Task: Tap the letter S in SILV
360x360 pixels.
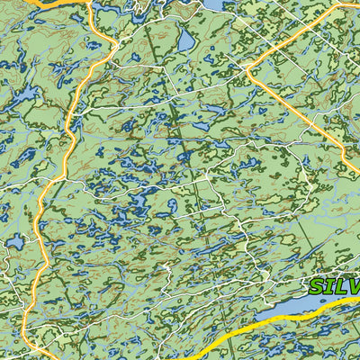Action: (317, 288)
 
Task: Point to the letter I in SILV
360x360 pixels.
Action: (329, 287)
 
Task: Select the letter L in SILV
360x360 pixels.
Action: (339, 287)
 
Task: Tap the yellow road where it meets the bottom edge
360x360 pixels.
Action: (193, 357)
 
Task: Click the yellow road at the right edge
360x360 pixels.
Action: (357, 299)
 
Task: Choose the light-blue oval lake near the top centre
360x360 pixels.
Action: (185, 40)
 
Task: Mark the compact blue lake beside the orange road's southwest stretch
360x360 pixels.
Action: (14, 241)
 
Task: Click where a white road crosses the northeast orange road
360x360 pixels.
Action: (271, 98)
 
